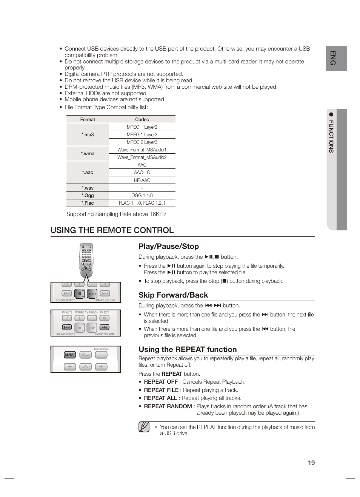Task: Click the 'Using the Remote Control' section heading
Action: [x=112, y=230]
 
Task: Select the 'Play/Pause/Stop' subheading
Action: [x=169, y=246]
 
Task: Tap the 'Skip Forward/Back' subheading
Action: [x=173, y=295]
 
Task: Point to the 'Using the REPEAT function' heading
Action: [x=188, y=349]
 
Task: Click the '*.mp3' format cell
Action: [x=88, y=135]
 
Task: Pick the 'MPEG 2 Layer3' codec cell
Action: [x=142, y=142]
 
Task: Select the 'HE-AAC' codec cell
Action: [x=142, y=180]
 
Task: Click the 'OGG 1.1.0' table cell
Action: [x=142, y=195]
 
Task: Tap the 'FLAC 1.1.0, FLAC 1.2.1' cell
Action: [x=142, y=203]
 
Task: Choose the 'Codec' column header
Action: [x=142, y=119]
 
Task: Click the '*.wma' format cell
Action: [x=88, y=154]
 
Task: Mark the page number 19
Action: [x=311, y=463]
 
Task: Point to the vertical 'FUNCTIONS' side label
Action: [x=331, y=136]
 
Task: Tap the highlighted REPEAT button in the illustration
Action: [x=70, y=355]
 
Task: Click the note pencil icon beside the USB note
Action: [x=144, y=427]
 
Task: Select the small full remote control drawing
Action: [x=86, y=260]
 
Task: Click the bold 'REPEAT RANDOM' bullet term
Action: [x=168, y=406]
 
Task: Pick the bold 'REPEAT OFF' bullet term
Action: [x=161, y=382]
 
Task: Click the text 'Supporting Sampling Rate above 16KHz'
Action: [x=116, y=214]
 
